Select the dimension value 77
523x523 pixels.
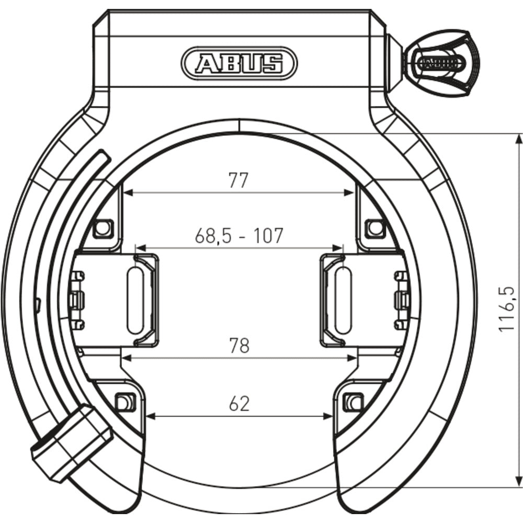tap(238, 180)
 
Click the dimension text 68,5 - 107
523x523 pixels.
tap(239, 236)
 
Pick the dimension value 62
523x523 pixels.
tap(239, 403)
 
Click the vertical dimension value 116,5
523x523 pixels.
tap(506, 309)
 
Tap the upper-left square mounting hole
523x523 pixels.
tap(104, 228)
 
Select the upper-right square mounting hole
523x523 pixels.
tap(374, 228)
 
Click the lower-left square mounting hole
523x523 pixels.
tap(123, 402)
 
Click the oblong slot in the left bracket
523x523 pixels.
tap(134, 300)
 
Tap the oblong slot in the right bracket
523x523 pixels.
tap(343, 300)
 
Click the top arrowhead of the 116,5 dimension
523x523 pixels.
tap(518, 138)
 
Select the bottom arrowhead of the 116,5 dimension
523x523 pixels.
tap(518, 483)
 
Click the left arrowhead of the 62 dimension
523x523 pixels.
tap(150, 416)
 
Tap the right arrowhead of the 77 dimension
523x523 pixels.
tap(351, 192)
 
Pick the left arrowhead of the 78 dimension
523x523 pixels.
tap(126, 358)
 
